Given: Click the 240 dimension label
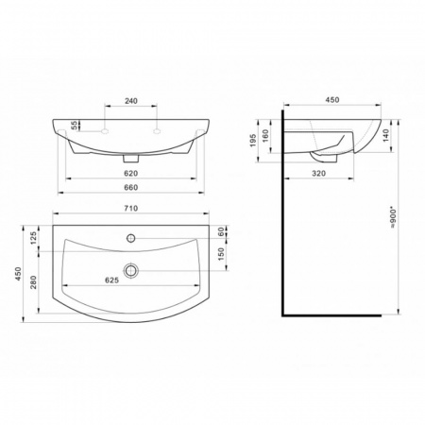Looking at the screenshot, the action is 131,101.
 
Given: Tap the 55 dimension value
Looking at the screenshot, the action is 74,126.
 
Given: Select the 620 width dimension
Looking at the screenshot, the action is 131,174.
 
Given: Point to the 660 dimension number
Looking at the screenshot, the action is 131,188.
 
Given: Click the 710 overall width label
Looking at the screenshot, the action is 131,209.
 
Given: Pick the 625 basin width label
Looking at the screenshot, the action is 111,280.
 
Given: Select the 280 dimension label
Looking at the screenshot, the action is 33,282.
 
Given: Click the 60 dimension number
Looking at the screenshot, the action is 221,232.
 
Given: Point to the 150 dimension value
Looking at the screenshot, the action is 221,254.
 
